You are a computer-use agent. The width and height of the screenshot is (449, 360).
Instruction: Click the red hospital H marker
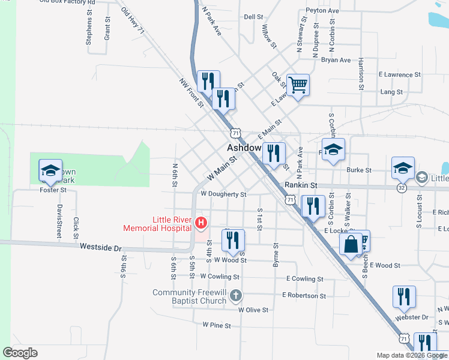[202, 224]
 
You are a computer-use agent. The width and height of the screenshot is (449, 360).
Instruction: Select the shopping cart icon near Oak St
[298, 85]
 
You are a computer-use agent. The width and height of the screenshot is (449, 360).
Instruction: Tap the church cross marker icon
[237, 295]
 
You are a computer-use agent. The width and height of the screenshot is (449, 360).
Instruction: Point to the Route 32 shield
[400, 188]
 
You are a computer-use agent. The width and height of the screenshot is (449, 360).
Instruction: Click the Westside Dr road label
[101, 248]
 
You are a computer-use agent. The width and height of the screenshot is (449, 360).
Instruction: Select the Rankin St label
[301, 186]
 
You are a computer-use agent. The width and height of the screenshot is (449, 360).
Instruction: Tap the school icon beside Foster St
[50, 170]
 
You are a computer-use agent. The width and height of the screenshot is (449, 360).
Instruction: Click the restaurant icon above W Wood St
[232, 240]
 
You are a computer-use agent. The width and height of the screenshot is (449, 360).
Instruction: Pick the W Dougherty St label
[223, 194]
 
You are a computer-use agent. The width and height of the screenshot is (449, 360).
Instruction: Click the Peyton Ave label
[322, 11]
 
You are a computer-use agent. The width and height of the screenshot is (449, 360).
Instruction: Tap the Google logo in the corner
[20, 353]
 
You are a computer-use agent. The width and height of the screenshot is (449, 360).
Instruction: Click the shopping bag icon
[350, 244]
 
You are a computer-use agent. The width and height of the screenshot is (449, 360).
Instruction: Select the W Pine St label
[217, 325]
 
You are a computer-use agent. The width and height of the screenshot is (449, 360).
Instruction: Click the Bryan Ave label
[336, 60]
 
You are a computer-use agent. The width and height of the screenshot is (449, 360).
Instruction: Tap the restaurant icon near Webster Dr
[404, 296]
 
